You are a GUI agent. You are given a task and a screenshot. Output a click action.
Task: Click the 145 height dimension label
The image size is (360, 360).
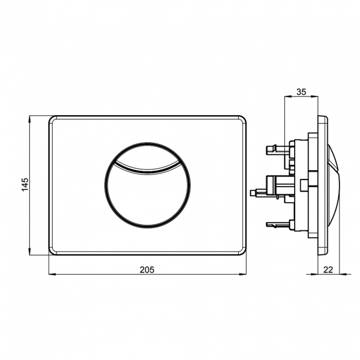(25, 185)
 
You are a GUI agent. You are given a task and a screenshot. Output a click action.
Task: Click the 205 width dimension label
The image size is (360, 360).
(146, 269)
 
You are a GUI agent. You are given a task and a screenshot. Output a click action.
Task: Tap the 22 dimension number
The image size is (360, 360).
(328, 269)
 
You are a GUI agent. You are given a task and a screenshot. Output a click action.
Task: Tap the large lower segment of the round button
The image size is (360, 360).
(147, 194)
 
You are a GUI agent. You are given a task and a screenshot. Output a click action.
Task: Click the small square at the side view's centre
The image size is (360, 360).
(305, 184)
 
